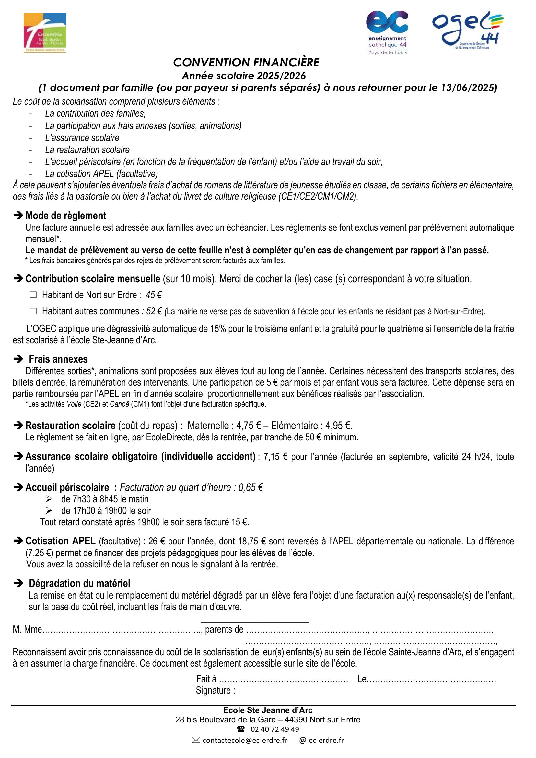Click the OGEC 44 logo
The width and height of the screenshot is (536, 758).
click(x=468, y=30)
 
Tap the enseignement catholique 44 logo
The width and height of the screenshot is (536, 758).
click(x=387, y=32)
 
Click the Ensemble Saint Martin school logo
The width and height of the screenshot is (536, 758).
click(x=45, y=33)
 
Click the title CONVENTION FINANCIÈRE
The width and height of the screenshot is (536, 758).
click(x=246, y=63)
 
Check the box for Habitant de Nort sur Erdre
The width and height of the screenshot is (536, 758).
click(x=33, y=295)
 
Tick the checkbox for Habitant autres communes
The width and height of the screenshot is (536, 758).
click(x=33, y=311)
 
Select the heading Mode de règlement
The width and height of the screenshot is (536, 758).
click(x=66, y=216)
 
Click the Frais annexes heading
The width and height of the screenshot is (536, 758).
click(x=58, y=359)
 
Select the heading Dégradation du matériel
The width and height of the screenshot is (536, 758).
click(x=79, y=583)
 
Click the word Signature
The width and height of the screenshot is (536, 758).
click(x=215, y=690)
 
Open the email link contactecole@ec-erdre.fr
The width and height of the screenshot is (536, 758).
click(x=245, y=740)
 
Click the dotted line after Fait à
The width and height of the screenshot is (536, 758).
click(x=284, y=680)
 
